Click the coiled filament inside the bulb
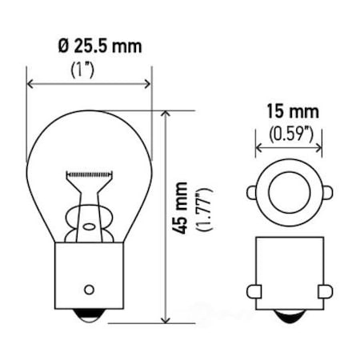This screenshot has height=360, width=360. click(x=90, y=174)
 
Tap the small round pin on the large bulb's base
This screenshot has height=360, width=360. click(x=90, y=289)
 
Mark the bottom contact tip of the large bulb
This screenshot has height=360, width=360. click(x=90, y=318)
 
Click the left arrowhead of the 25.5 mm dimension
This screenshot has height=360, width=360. click(x=31, y=83)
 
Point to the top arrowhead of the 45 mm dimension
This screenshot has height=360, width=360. click(x=166, y=115)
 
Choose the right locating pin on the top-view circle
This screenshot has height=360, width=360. click(x=327, y=193)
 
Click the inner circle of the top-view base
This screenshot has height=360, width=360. click(x=290, y=193)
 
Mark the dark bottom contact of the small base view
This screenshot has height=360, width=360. click(x=290, y=317)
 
